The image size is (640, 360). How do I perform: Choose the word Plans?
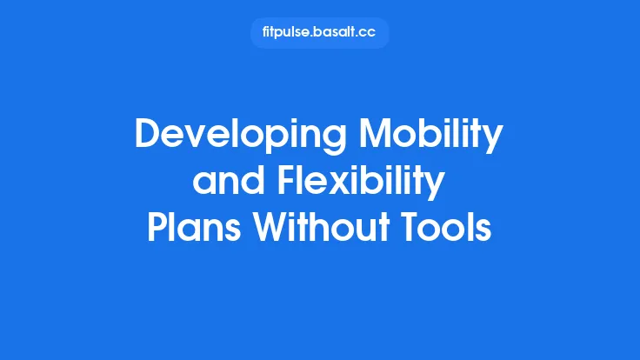(194, 229)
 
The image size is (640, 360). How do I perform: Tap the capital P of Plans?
(157, 229)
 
